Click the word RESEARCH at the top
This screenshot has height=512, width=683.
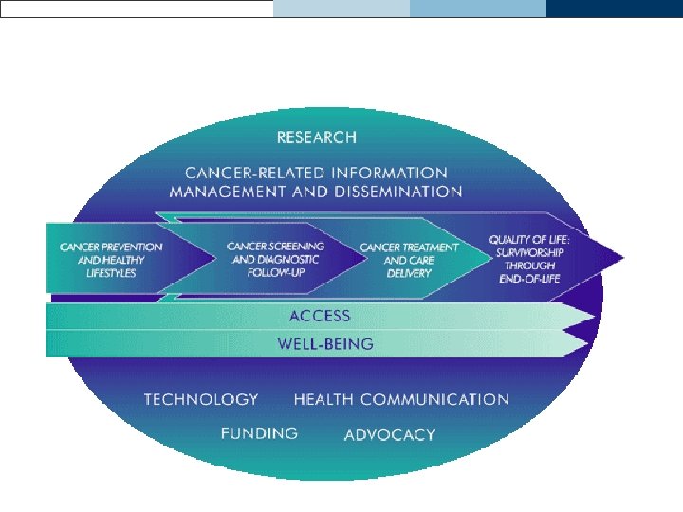317,137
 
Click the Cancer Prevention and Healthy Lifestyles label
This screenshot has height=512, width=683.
111,260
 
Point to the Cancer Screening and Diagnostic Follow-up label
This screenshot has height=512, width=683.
275,259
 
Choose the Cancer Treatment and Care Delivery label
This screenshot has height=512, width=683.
409,260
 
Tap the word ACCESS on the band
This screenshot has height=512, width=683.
320,316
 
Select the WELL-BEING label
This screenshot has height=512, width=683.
325,343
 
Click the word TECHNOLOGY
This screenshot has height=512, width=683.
201,400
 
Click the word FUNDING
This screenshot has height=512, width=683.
259,433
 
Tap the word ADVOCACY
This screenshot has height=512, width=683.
390,435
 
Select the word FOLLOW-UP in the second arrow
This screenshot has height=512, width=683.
274,272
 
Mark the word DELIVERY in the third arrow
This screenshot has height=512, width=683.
409,273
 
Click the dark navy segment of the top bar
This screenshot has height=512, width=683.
614,9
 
